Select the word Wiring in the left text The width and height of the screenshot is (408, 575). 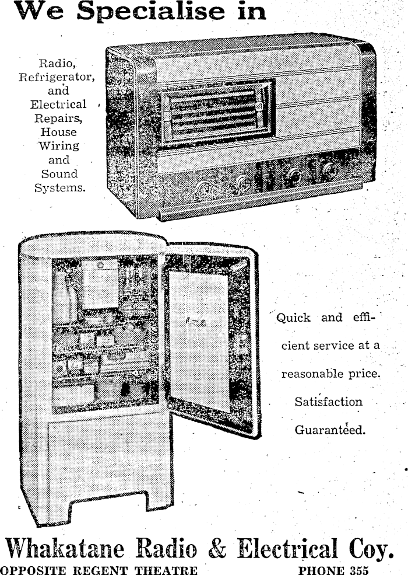tap(58, 146)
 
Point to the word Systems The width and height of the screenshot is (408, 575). tap(58, 187)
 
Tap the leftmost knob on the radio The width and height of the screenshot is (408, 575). tap(205, 187)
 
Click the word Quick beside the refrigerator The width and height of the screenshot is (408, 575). tap(293, 318)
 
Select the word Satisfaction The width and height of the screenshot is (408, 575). tap(328, 402)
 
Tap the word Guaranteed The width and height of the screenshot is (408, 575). tap(330, 431)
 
